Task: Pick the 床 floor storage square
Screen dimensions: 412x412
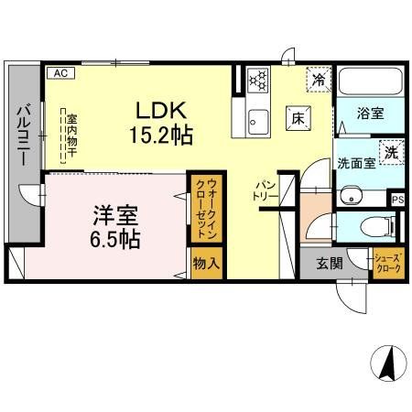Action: tap(298, 116)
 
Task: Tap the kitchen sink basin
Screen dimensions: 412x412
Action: tap(257, 120)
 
